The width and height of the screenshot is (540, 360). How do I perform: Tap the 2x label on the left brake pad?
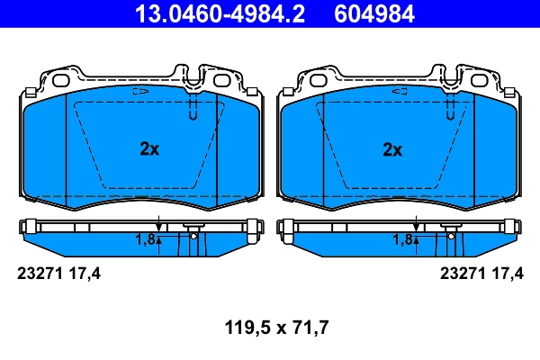[x=149, y=150]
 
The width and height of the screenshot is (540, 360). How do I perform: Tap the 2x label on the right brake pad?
[x=391, y=150]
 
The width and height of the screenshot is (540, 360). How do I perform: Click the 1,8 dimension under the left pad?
[x=146, y=239]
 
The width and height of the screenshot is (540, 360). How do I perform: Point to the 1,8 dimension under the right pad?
[x=402, y=239]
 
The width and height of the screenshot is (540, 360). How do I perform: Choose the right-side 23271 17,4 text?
[x=481, y=274]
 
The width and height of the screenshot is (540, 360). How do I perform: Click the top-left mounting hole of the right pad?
[x=318, y=79]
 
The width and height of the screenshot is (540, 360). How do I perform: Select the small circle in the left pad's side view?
[x=193, y=236]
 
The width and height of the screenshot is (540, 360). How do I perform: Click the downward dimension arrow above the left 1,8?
[x=158, y=224]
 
